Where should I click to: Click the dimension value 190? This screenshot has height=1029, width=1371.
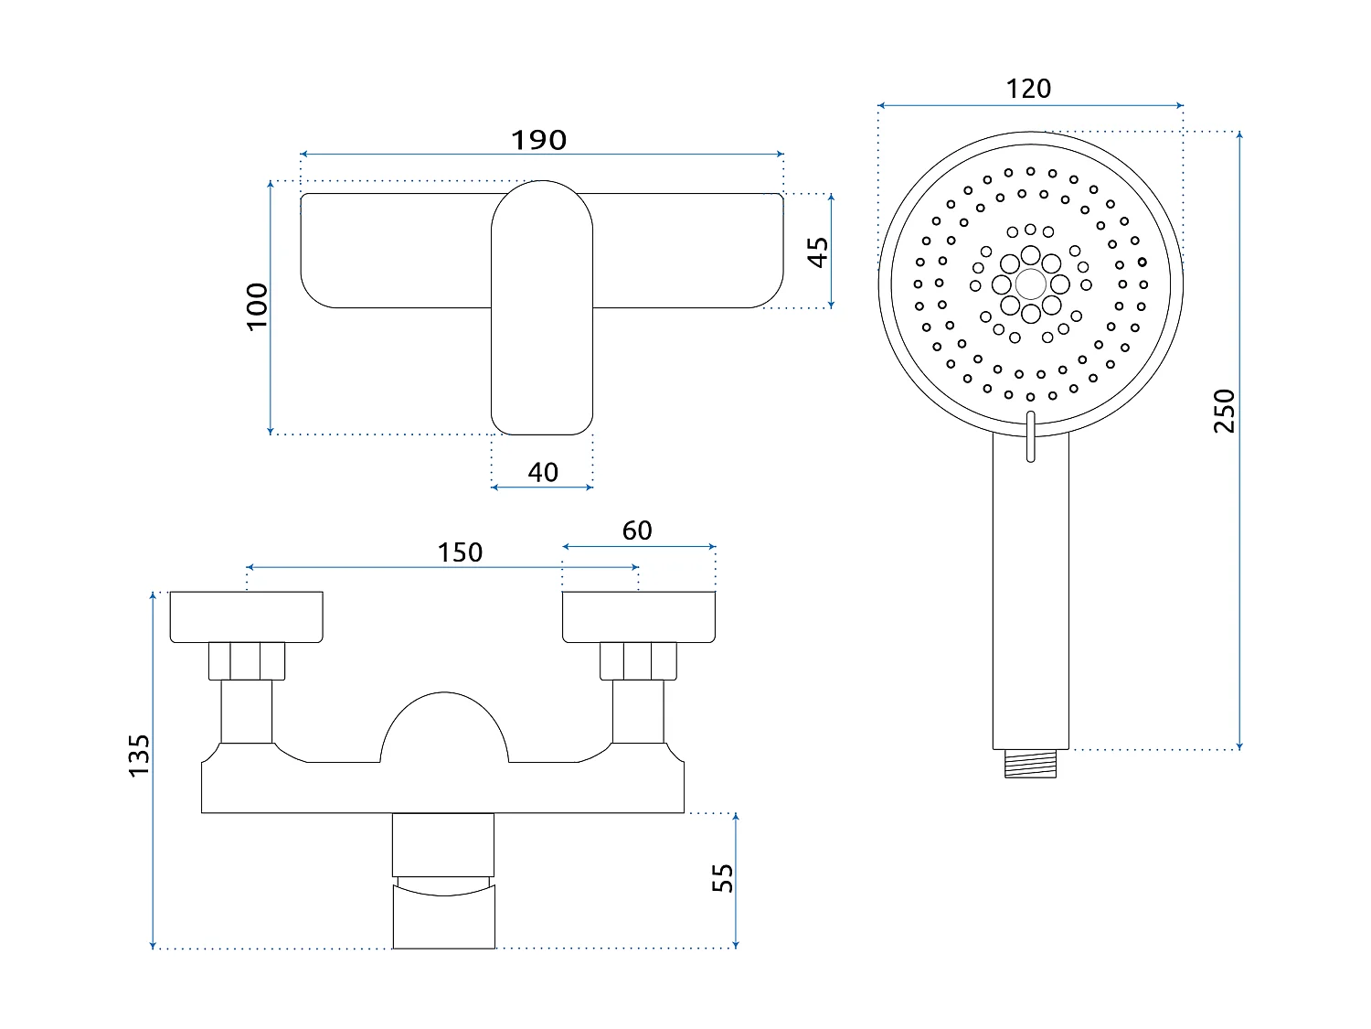click(x=538, y=140)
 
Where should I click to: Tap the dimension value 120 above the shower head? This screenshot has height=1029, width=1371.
click(x=1028, y=89)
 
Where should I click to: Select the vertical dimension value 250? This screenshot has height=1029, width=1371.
click(x=1224, y=411)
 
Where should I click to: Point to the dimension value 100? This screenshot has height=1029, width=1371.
click(x=258, y=306)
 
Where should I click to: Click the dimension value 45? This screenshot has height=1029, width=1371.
click(x=818, y=252)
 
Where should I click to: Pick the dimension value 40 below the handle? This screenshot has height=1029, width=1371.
click(x=542, y=472)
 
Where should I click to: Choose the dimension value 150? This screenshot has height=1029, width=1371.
click(x=459, y=552)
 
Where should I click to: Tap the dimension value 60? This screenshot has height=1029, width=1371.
click(x=637, y=531)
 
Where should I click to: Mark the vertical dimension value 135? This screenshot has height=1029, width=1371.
click(x=138, y=756)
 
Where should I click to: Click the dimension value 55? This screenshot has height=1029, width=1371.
click(x=722, y=878)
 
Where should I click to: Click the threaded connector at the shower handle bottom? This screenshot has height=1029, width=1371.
click(x=1030, y=764)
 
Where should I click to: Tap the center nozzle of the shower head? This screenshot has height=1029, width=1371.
click(x=1030, y=284)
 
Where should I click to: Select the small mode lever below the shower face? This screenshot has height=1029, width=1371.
click(x=1031, y=436)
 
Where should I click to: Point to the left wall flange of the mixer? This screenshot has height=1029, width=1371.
click(x=246, y=616)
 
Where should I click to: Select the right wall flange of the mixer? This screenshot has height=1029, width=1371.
click(x=638, y=616)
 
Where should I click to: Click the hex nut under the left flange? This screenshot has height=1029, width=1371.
click(x=247, y=661)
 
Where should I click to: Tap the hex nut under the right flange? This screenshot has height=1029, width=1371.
click(x=638, y=661)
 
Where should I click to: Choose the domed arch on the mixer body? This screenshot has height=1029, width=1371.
click(x=443, y=727)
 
